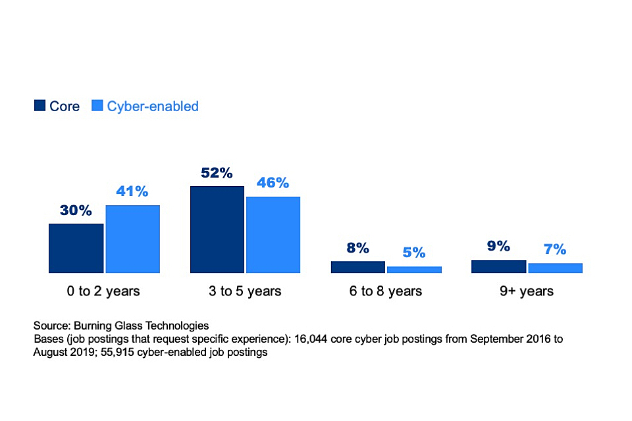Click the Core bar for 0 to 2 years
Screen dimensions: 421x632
point(76,248)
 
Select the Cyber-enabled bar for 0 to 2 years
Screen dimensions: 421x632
point(132,239)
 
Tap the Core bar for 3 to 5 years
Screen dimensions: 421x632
point(217,229)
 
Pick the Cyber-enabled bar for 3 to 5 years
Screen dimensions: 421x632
point(273,234)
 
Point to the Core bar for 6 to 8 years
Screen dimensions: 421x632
point(358,266)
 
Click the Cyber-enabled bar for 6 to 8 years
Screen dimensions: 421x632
point(414,269)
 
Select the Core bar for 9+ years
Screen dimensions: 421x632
point(499,266)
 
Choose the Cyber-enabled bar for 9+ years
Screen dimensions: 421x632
point(555,268)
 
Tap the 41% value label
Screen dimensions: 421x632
point(132,191)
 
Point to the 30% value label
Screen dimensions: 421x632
point(76,210)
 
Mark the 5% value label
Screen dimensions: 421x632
point(414,253)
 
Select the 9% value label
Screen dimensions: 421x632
point(499,246)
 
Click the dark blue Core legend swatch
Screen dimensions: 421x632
point(39,106)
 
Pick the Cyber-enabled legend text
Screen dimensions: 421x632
point(153,106)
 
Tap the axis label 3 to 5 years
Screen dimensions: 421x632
point(245,291)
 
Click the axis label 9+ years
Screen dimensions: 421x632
point(527,291)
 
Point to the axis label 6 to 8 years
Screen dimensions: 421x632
point(386,291)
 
